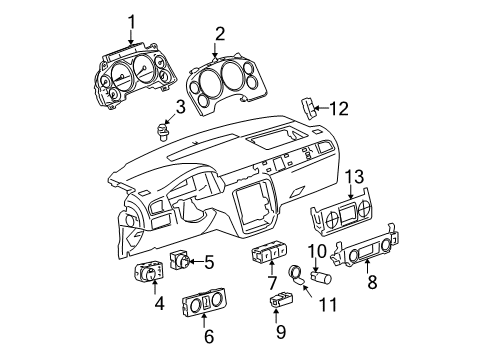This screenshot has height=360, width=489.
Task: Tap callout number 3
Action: pos(180,107)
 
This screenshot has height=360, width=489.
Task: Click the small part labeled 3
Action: pos(165,129)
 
